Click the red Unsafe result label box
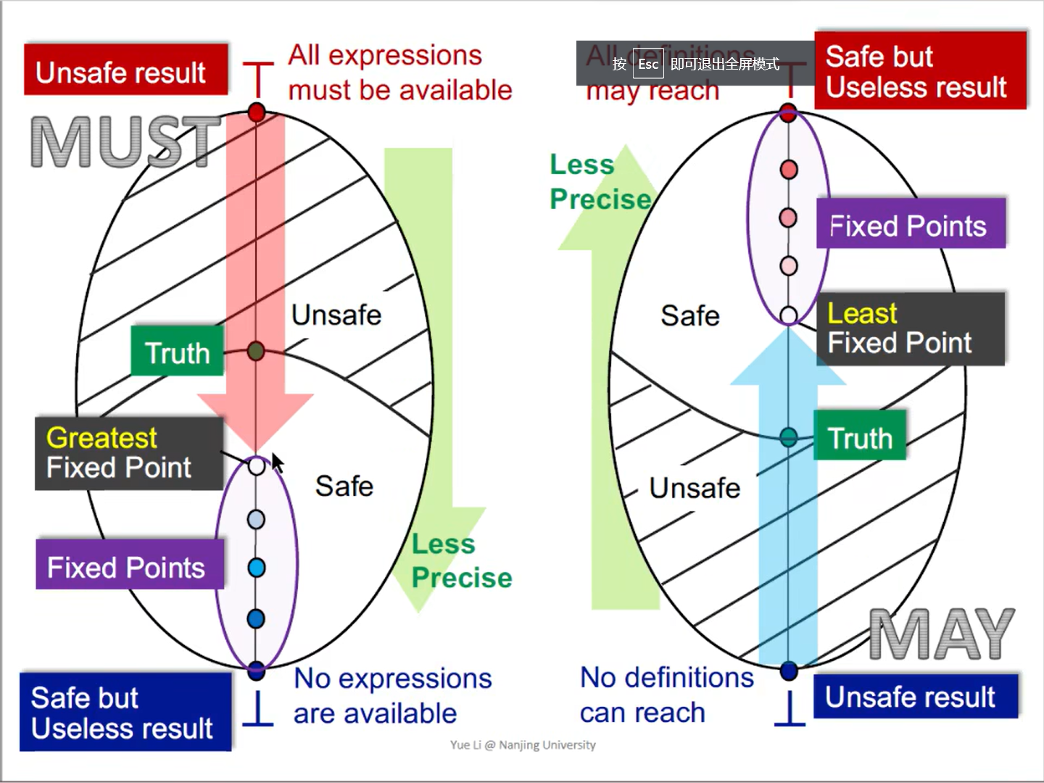[x=125, y=70]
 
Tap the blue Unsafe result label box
[x=915, y=697]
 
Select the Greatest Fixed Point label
[x=128, y=453]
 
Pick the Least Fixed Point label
[x=910, y=328]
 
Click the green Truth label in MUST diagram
[x=177, y=352]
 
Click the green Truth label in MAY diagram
[x=860, y=436]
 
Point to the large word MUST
[x=125, y=142]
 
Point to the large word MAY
[x=941, y=634]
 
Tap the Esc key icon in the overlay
[x=647, y=64]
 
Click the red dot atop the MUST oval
[x=257, y=112]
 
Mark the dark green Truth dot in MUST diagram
[x=255, y=352]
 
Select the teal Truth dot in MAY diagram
[x=789, y=437]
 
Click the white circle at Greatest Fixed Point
[x=257, y=466]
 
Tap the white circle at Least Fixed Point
[x=789, y=315]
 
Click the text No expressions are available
[x=391, y=695]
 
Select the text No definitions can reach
[x=666, y=695]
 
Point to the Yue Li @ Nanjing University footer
[x=522, y=745]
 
